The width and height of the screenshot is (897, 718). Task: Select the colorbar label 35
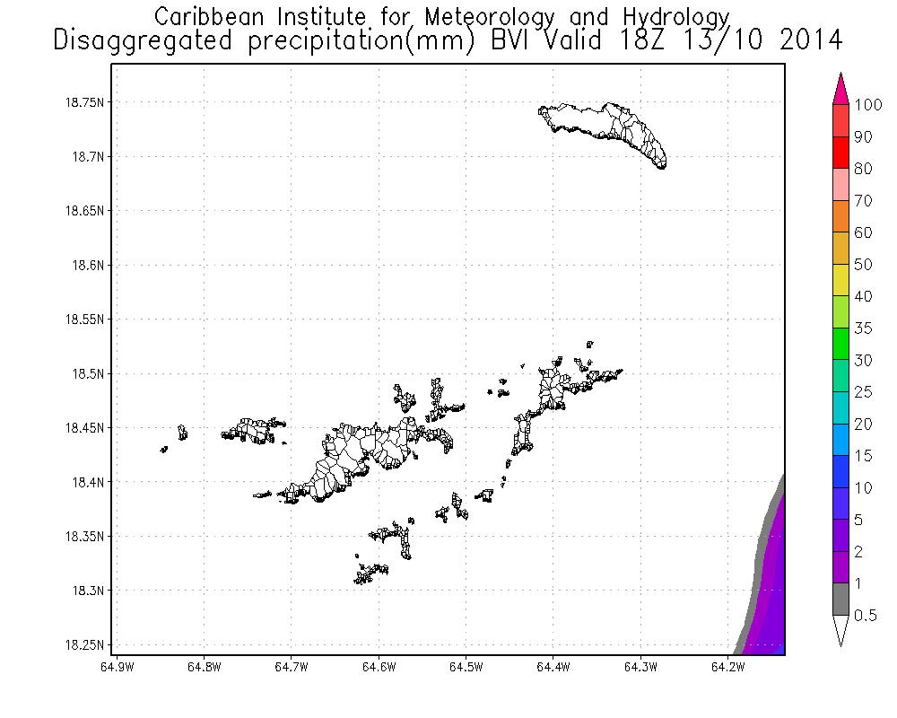(x=862, y=328)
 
